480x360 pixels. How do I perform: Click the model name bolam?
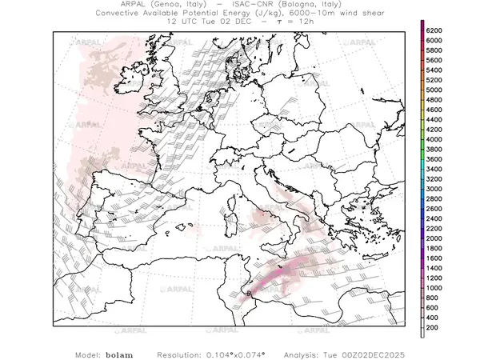[x=118, y=353]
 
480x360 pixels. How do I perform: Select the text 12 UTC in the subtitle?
[x=183, y=22]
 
